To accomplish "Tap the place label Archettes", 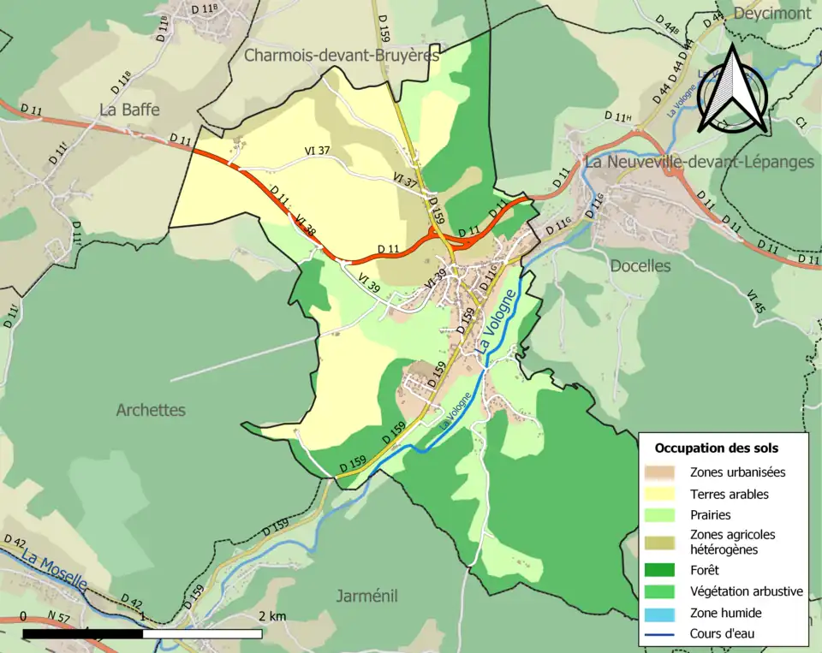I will click(151, 410).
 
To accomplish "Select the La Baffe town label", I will click(129, 110).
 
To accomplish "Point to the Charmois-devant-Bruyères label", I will click(342, 56).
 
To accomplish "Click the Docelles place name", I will click(640, 265).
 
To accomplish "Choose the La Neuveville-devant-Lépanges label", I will click(700, 162).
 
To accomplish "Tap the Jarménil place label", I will click(366, 596).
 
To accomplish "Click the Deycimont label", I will click(772, 14).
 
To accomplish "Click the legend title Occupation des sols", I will click(717, 448).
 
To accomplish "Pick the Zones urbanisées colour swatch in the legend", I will click(661, 472).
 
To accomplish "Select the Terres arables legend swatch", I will click(661, 494).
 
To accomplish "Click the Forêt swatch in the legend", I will click(661, 569).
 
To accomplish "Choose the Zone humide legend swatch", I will click(661, 613).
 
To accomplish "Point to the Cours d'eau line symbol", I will click(661, 634).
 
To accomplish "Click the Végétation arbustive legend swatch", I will click(661, 591).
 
